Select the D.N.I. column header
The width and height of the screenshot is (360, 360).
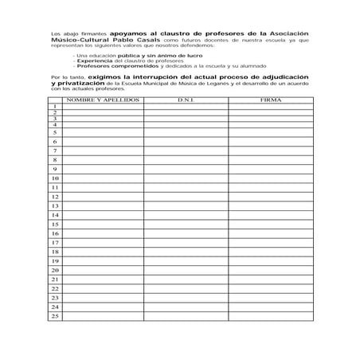[186, 101]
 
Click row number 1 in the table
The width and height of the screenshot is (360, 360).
[55, 107]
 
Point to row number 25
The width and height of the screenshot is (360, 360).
[55, 316]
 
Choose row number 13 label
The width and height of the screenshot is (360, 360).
[55, 205]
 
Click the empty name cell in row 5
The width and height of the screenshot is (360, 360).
[103, 132]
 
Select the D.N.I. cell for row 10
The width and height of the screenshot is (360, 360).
[186, 178]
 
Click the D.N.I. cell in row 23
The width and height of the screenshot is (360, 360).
[186, 297]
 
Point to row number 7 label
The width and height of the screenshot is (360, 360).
[55, 151]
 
